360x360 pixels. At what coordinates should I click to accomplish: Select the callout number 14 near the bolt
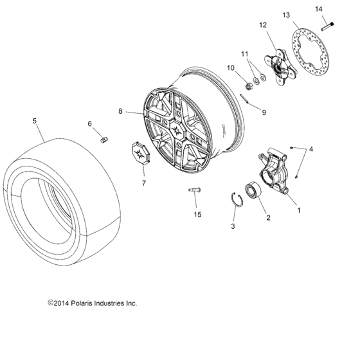(x=336, y=8)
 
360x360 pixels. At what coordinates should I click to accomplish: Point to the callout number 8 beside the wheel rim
(x=120, y=112)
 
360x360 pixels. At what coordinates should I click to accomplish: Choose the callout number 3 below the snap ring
(x=233, y=226)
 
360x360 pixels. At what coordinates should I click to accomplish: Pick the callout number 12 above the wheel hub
(x=262, y=26)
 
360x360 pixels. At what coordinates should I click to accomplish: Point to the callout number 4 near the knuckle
(x=312, y=150)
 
